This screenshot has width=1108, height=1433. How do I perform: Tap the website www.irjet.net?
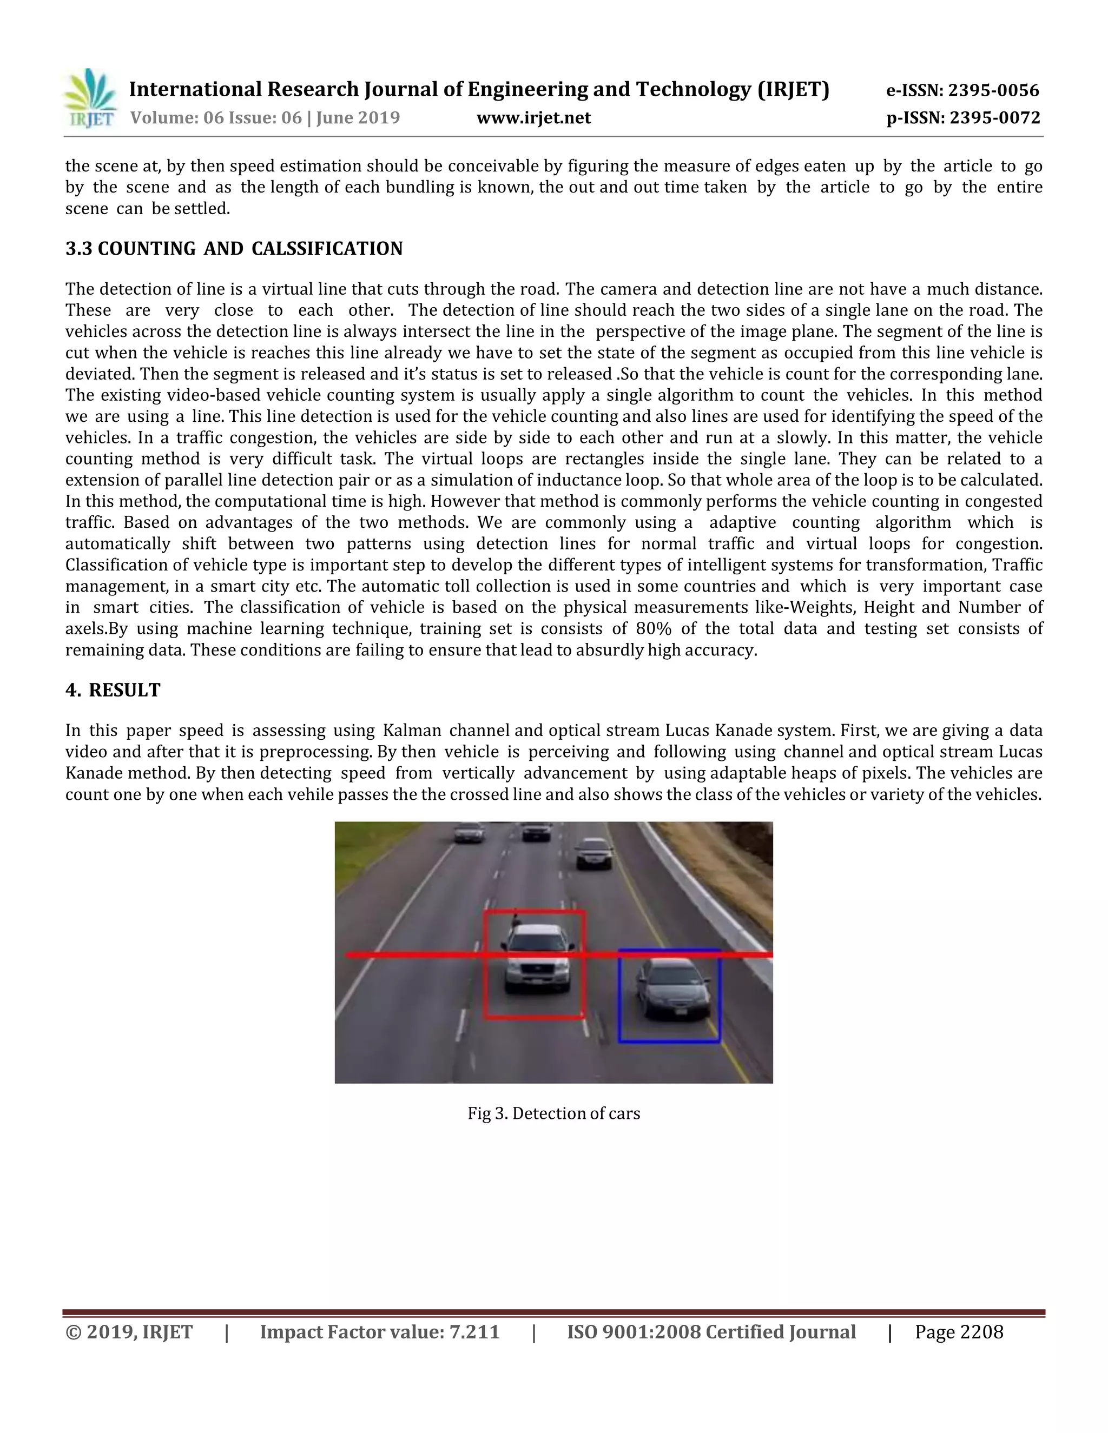[533, 118]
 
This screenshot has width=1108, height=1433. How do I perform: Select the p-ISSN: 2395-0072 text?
[963, 118]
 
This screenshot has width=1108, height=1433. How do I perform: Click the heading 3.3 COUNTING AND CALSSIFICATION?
[234, 249]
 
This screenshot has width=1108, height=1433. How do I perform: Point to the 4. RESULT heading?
[113, 690]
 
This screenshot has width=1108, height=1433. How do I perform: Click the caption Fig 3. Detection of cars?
[553, 1113]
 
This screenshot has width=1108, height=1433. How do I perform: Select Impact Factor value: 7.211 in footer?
[379, 1332]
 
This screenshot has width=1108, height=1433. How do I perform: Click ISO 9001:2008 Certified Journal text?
[711, 1332]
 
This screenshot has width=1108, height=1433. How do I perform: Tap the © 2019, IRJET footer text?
[129, 1332]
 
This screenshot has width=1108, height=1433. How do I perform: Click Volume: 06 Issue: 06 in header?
[216, 118]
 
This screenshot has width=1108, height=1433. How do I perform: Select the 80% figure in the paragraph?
[653, 628]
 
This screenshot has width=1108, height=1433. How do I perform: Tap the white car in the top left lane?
[469, 833]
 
